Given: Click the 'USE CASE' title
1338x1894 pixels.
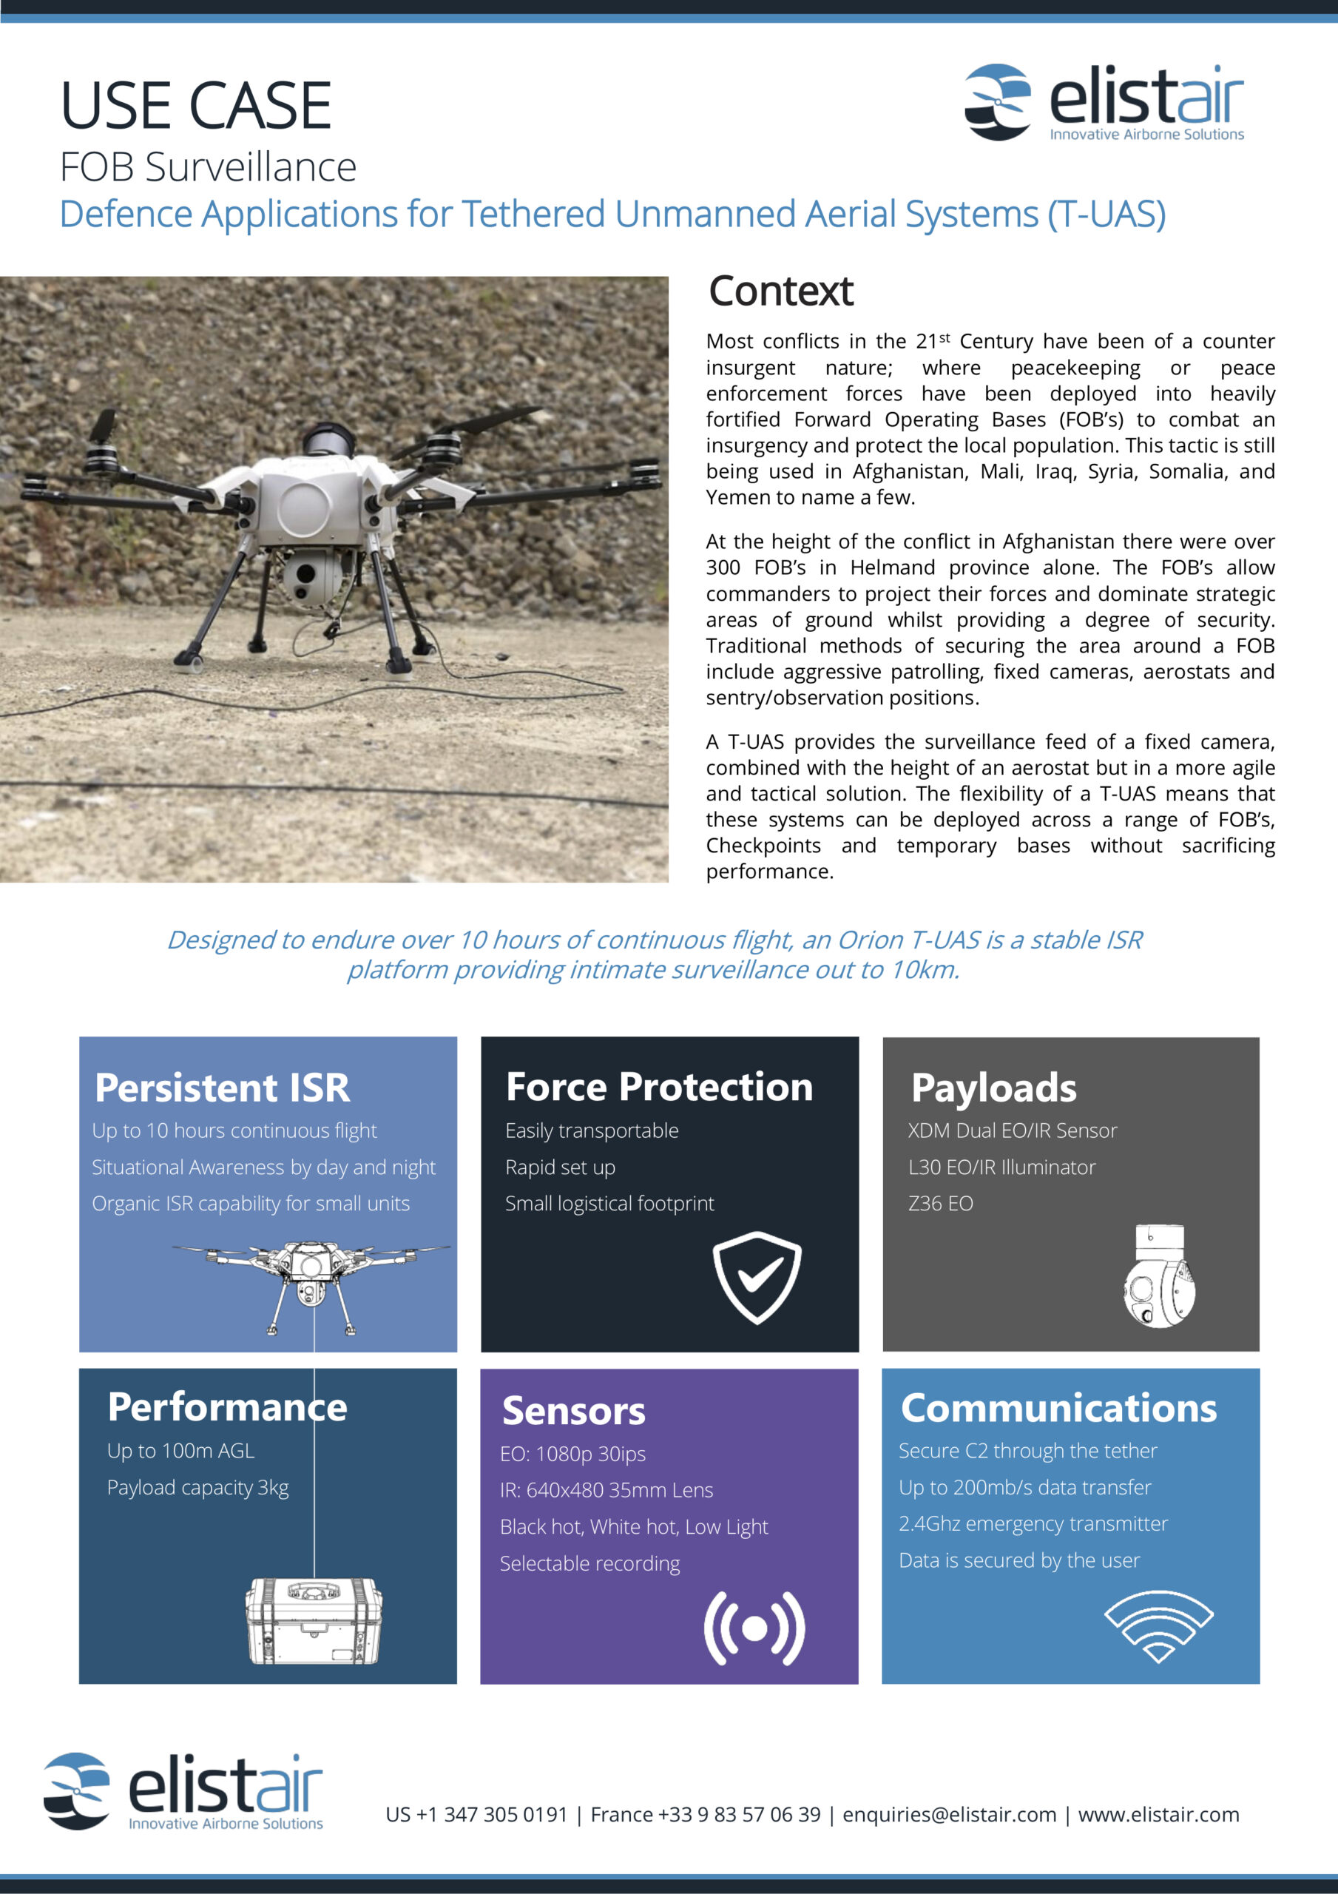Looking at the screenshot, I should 195,106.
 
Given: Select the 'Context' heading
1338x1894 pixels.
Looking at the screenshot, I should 780,291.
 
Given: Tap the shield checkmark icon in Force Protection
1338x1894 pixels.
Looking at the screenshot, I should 757,1277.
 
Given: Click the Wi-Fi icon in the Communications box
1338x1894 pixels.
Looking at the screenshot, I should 1158,1626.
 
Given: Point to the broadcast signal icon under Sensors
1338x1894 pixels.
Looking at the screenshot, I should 754,1628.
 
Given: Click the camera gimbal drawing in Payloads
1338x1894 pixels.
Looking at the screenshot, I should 1160,1277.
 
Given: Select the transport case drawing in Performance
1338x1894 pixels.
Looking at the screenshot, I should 314,1621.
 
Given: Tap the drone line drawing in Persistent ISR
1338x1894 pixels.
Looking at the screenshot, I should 311,1283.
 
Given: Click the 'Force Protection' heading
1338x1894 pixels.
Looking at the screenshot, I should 659,1088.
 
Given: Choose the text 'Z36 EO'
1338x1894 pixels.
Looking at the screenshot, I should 940,1204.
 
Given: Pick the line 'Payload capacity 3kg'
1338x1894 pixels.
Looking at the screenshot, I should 198,1487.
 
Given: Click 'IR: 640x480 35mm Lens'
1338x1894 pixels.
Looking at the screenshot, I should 607,1490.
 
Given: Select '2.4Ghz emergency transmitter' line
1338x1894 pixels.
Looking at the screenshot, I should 1033,1523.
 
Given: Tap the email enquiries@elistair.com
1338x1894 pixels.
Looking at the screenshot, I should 949,1815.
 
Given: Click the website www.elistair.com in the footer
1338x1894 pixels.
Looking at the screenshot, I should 1158,1815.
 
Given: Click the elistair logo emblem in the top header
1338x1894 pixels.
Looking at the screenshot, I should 997,101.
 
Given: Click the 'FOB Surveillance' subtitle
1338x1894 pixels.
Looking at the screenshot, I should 208,167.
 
